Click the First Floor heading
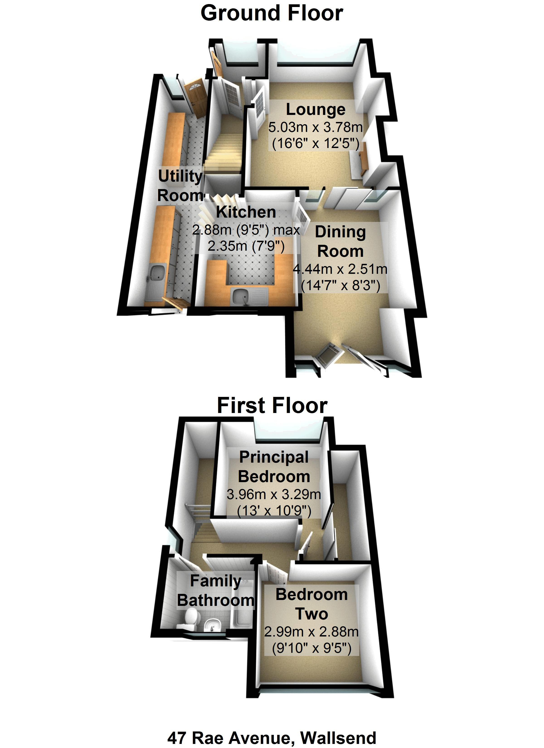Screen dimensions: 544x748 (x=272, y=406)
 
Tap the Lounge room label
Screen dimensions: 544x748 (x=315, y=109)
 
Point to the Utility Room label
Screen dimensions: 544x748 (x=180, y=186)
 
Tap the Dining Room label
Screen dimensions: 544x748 (x=340, y=242)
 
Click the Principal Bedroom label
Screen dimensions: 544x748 (x=274, y=467)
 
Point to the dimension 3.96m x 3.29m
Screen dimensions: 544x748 (x=274, y=494)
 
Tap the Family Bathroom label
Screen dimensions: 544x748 (x=216, y=591)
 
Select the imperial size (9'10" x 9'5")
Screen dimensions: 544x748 (x=311, y=649)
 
